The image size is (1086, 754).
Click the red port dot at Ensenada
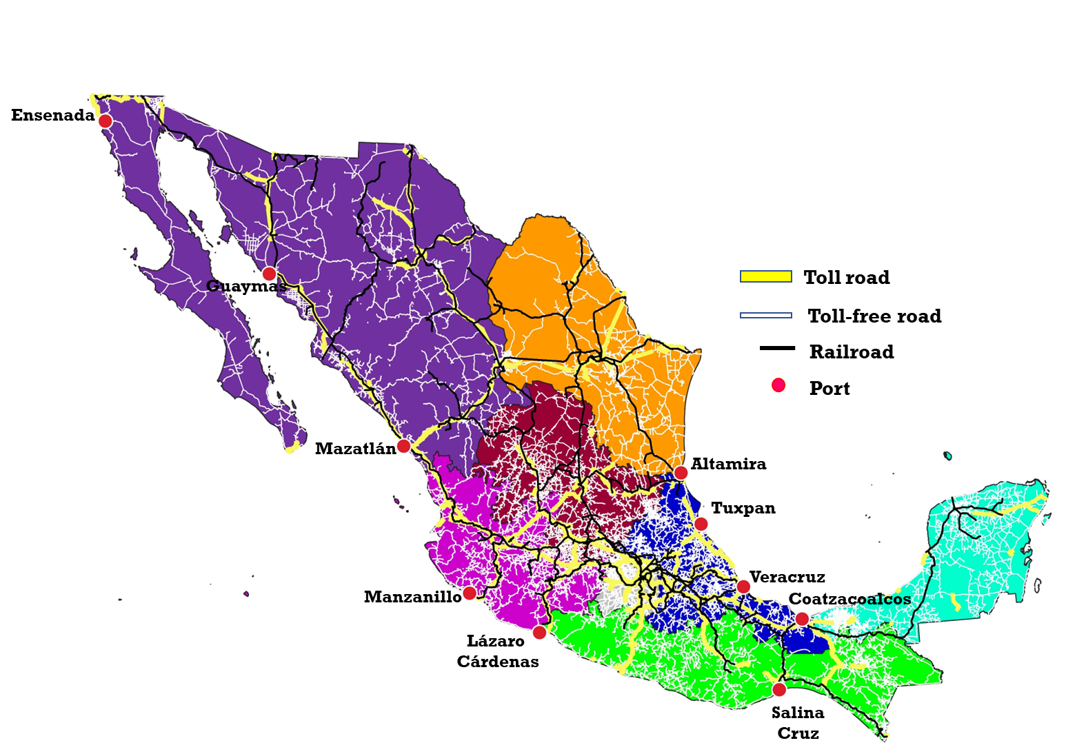click(x=105, y=121)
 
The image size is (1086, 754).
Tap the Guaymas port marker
click(x=270, y=274)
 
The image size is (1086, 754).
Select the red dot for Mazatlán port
click(x=404, y=446)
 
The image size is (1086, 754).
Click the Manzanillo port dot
click(x=470, y=593)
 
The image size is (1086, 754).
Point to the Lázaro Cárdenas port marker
click(x=540, y=632)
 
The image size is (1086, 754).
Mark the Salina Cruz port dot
click(x=779, y=689)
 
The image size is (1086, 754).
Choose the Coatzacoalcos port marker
click(x=802, y=619)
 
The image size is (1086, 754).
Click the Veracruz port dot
click(x=743, y=587)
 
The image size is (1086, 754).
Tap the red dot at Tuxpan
click(x=701, y=524)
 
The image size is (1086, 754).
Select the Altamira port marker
click(x=681, y=473)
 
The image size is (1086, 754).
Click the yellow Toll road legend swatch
click(x=765, y=276)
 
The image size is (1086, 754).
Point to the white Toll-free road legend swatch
click(x=765, y=315)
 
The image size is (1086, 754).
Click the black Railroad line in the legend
click(x=777, y=349)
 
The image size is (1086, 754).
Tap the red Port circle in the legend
click(x=778, y=385)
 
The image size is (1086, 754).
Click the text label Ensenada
click(x=53, y=115)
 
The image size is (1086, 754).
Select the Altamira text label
click(x=728, y=464)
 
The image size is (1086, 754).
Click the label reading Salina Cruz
click(x=798, y=722)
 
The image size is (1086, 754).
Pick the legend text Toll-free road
click(x=874, y=316)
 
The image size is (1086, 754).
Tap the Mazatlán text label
click(x=355, y=449)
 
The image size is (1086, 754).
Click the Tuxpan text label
click(x=743, y=508)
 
